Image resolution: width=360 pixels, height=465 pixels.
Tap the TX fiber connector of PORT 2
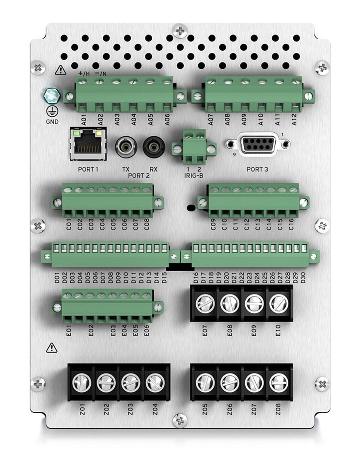(125, 145)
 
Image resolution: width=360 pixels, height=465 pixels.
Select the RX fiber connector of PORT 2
(153, 145)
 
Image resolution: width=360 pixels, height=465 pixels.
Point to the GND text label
(52, 122)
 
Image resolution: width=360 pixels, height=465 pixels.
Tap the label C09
(213, 224)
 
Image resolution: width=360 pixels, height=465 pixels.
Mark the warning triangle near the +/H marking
(61, 70)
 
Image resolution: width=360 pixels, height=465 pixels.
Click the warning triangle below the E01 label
(51, 348)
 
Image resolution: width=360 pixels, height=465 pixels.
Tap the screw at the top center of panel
(180, 30)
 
